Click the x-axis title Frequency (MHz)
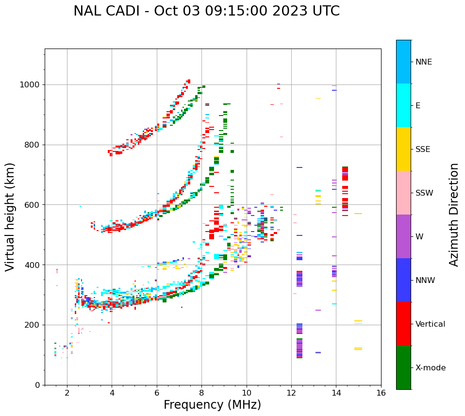click(x=212, y=405)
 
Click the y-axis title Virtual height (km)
click(x=10, y=216)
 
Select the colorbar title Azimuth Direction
click(x=454, y=215)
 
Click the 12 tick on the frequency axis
click(x=291, y=392)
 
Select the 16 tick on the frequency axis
click(x=381, y=392)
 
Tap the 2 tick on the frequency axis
click(x=67, y=392)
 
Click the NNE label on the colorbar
click(x=423, y=62)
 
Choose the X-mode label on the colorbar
click(x=430, y=368)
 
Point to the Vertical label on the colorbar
click(x=430, y=324)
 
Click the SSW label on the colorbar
click(x=424, y=193)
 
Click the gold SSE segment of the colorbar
click(x=403, y=149)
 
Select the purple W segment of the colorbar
click(x=403, y=236)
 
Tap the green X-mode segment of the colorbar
click(x=403, y=367)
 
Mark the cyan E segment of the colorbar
click(x=403, y=105)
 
